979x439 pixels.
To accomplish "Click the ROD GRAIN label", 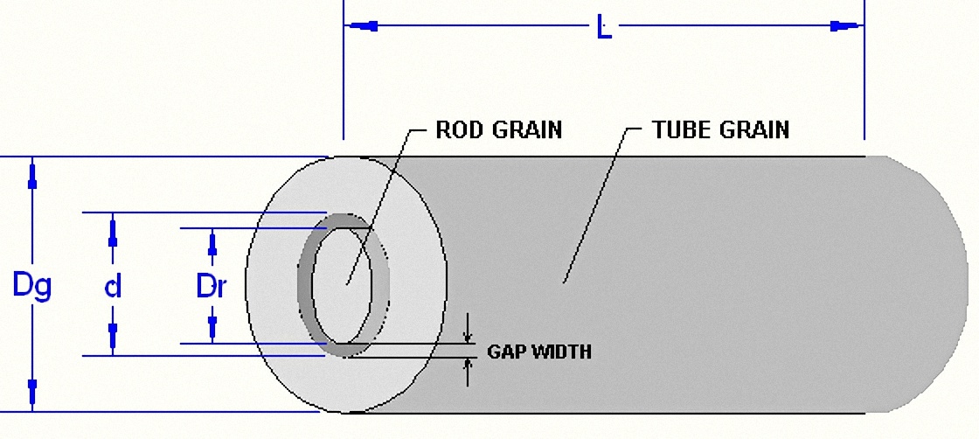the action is (x=499, y=129).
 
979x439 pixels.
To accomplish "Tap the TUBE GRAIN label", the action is (x=720, y=129).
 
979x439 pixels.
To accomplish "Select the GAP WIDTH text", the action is (x=538, y=352).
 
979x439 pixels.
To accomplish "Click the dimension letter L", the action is (x=604, y=27).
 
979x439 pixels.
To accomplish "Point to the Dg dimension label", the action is (x=31, y=287).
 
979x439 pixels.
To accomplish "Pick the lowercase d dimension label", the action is (x=113, y=287).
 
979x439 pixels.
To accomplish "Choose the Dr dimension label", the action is (x=211, y=287).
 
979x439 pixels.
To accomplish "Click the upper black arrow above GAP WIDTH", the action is (x=467, y=329).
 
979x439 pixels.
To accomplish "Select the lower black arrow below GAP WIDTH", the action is (x=467, y=373).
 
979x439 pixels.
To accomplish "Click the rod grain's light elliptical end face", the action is (x=342, y=285).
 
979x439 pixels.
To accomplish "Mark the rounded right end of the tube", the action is (x=929, y=284).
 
